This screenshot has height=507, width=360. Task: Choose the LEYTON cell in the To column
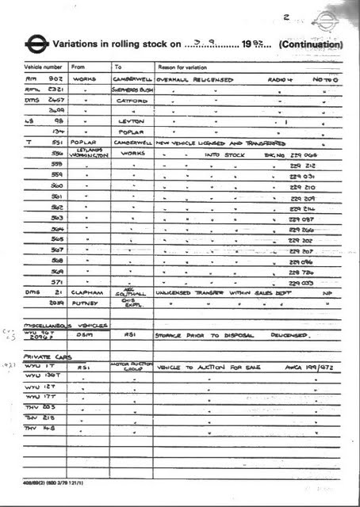tap(131, 121)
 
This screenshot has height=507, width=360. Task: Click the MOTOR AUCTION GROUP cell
tap(132, 367)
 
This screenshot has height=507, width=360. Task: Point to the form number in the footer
tap(54, 482)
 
